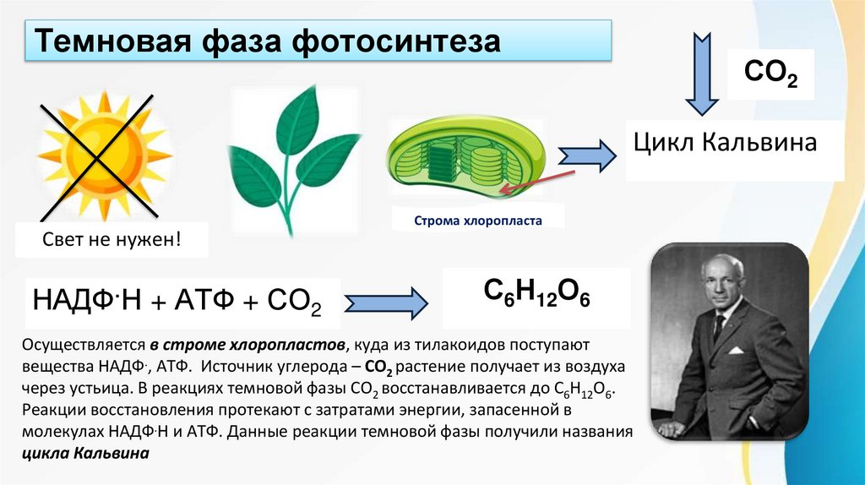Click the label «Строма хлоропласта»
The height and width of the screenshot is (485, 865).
pyautogui.click(x=477, y=221)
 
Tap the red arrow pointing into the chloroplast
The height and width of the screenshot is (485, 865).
pyautogui.click(x=533, y=181)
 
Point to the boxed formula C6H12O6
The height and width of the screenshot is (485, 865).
pyautogui.click(x=536, y=292)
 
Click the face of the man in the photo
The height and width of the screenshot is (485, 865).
pyautogui.click(x=724, y=284)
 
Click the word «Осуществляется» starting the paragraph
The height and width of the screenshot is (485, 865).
pyautogui.click(x=79, y=346)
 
